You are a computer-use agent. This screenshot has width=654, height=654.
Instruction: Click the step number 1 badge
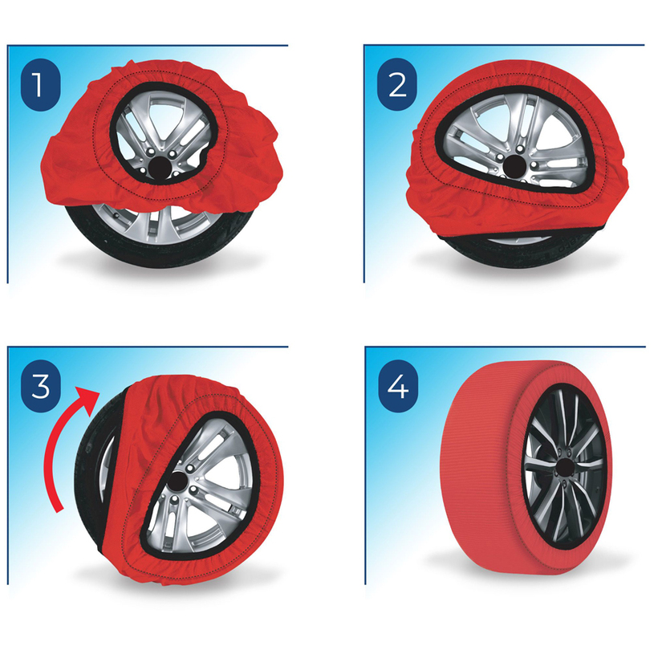pyautogui.click(x=40, y=85)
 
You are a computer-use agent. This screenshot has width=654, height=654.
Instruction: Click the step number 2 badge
pyautogui.click(x=397, y=85)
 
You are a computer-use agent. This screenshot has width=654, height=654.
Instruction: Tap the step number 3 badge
pyautogui.click(x=40, y=386)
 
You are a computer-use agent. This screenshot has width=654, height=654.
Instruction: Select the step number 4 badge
pyautogui.click(x=398, y=386)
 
